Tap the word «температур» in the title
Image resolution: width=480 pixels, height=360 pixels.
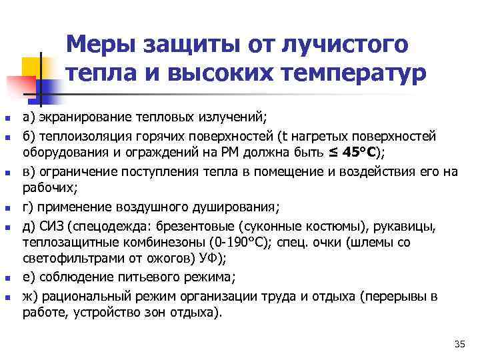(x=351, y=73)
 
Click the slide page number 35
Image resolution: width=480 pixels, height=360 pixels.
(x=459, y=344)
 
